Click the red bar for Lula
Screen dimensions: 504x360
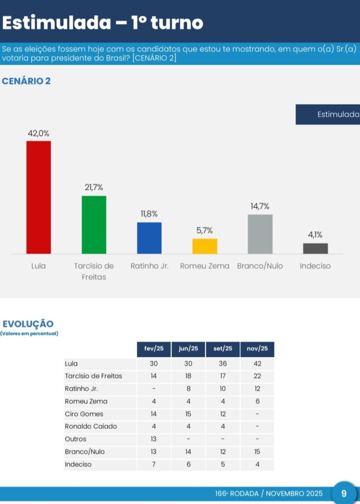click(x=38, y=197)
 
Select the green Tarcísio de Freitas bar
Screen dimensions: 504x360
click(x=94, y=224)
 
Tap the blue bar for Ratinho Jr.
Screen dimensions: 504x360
click(x=149, y=238)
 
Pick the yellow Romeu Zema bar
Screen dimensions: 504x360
click(x=205, y=246)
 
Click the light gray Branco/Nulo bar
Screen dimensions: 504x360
click(x=260, y=234)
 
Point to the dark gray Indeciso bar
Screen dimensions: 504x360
click(x=315, y=248)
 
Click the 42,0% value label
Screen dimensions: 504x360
click(x=38, y=133)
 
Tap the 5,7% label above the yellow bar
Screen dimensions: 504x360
click(x=205, y=230)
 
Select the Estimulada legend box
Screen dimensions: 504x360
click(x=328, y=115)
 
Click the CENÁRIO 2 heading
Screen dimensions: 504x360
click(x=27, y=81)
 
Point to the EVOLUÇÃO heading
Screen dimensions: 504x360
click(x=28, y=323)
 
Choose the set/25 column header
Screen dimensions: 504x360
click(x=223, y=349)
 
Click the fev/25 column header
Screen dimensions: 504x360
click(x=154, y=349)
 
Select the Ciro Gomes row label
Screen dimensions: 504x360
click(x=84, y=414)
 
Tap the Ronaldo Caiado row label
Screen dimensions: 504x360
click(x=91, y=426)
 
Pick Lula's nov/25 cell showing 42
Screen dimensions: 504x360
click(x=257, y=364)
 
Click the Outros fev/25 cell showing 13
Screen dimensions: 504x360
click(x=154, y=439)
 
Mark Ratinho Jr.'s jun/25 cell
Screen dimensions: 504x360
click(x=188, y=389)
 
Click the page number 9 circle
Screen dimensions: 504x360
click(x=344, y=493)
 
